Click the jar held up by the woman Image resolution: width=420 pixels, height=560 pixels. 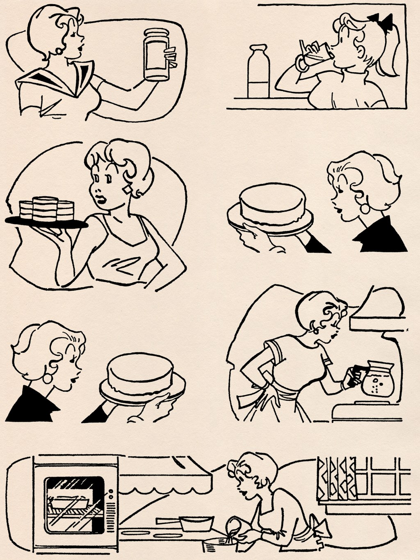[157, 54]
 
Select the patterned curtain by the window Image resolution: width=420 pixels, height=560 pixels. [336, 478]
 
